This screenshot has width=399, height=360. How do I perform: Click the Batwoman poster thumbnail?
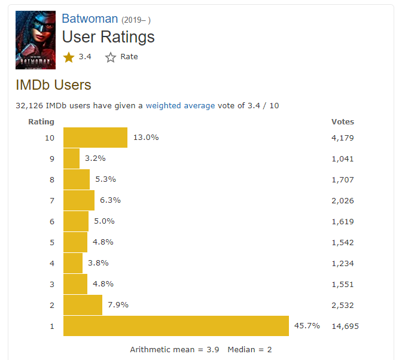35,40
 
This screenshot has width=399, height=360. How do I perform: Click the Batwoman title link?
90,18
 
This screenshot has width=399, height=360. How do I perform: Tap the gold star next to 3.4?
69,57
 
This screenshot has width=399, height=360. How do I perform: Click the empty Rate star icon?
111,57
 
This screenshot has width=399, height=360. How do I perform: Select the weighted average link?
180,106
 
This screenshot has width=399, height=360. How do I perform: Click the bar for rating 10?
95,138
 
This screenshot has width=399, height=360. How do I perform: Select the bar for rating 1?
176,326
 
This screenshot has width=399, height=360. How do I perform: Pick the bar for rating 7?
79,200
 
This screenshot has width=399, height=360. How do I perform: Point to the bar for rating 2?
83,305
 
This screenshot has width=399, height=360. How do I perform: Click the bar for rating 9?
71,158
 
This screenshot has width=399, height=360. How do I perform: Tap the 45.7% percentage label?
307,326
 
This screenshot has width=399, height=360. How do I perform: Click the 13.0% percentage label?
145,138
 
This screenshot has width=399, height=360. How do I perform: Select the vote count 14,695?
345,326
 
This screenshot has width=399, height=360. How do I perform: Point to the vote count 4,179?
343,138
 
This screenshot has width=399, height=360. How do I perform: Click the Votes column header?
343,121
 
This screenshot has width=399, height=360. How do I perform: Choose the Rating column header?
41,121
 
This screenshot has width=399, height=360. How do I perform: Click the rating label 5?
52,242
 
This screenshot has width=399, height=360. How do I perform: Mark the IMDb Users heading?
53,85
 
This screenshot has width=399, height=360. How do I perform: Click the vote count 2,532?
343,305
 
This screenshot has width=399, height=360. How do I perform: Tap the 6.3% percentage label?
111,200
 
